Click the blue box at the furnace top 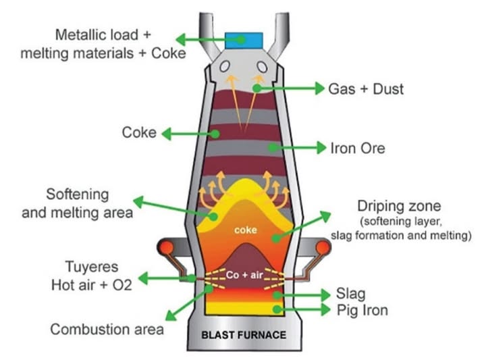pyautogui.click(x=245, y=38)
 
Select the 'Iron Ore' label pyautogui.click(x=357, y=148)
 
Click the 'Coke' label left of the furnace pyautogui.click(x=139, y=133)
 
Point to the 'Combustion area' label pyautogui.click(x=107, y=330)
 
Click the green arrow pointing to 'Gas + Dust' pyautogui.click(x=290, y=88)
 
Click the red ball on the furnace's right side pyautogui.click(x=323, y=248)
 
